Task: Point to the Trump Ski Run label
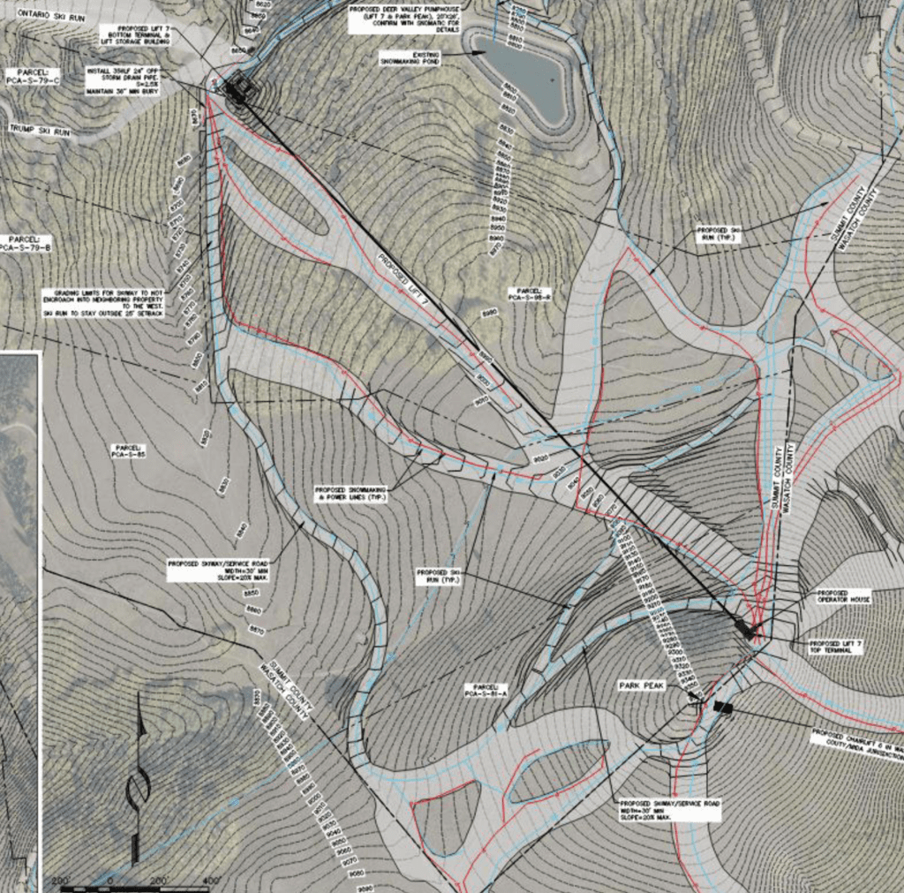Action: click(x=39, y=130)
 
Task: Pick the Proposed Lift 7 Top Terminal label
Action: click(x=835, y=647)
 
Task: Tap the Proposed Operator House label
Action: click(x=844, y=596)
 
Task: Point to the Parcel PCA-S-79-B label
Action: click(x=26, y=244)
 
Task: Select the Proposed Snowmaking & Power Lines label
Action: click(x=352, y=493)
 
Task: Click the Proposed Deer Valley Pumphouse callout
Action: click(x=406, y=17)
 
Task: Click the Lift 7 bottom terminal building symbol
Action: click(x=237, y=89)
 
